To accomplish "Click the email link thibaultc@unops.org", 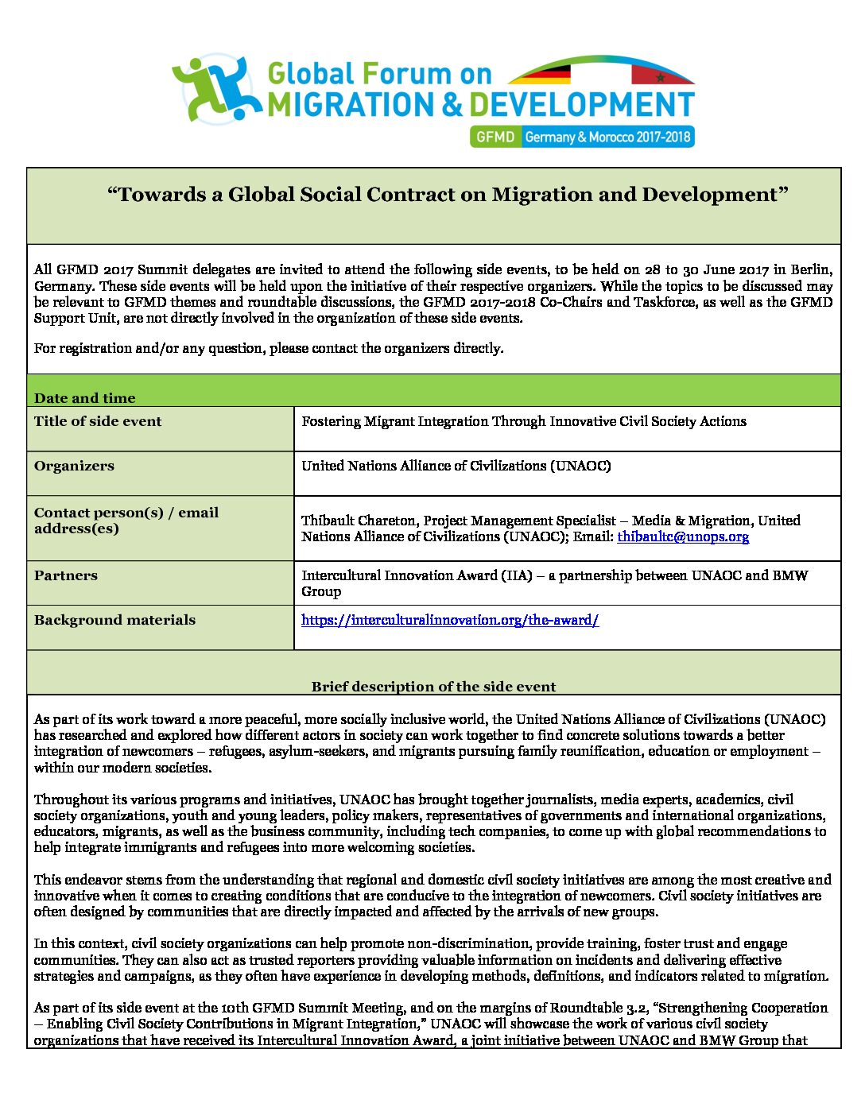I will pyautogui.click(x=683, y=536).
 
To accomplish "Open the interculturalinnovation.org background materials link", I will pyautogui.click(x=450, y=620).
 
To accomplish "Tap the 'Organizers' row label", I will pyautogui.click(x=74, y=466).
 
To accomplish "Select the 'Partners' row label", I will pyautogui.click(x=66, y=575).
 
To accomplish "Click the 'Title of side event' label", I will pyautogui.click(x=98, y=421).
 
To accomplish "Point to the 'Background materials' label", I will pyautogui.click(x=114, y=620).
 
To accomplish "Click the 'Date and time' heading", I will pyautogui.click(x=84, y=397).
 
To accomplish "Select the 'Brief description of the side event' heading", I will pyautogui.click(x=433, y=686).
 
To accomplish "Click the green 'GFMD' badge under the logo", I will pyautogui.click(x=495, y=137).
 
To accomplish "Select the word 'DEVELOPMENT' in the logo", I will pyautogui.click(x=582, y=105).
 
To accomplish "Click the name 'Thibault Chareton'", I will pyautogui.click(x=358, y=521).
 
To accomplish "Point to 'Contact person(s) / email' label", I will pyautogui.click(x=126, y=513).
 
